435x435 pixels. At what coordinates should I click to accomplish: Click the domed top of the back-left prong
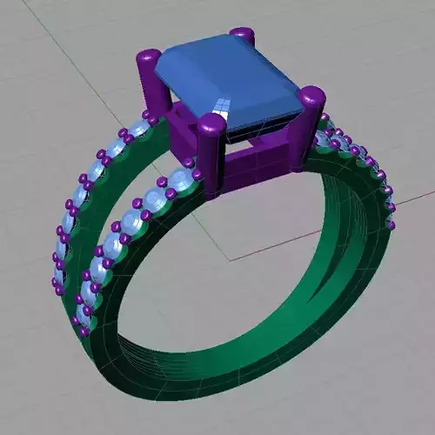coord(149,59)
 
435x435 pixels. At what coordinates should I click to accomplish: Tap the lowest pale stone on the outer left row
coord(58,278)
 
